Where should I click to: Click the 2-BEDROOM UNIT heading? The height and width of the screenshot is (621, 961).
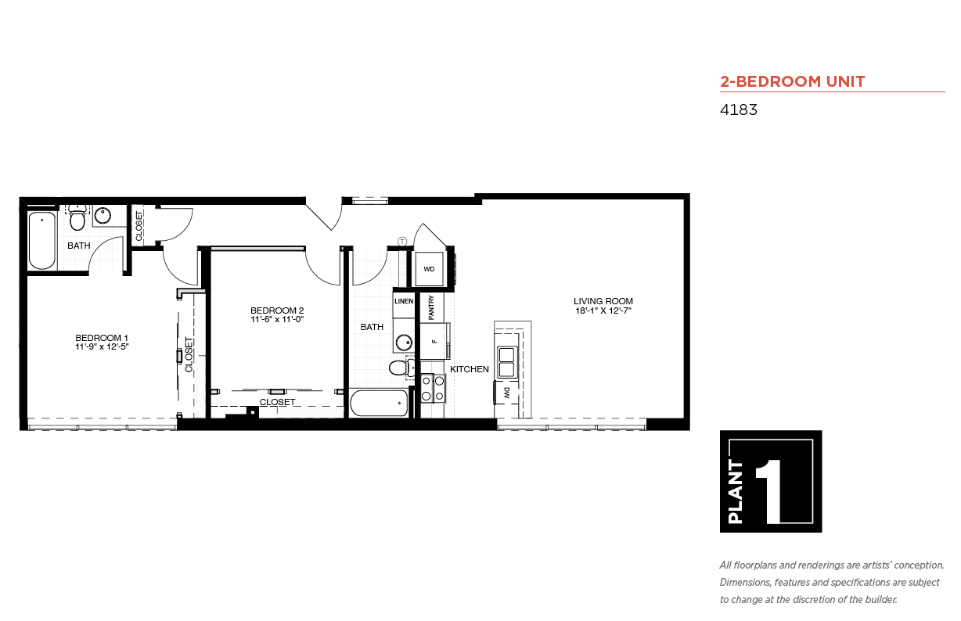pos(792,81)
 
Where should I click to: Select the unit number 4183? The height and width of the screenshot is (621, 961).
pos(738,109)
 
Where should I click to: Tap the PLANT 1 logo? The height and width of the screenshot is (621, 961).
pos(771,481)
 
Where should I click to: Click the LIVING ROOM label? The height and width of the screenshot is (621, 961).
pos(603,301)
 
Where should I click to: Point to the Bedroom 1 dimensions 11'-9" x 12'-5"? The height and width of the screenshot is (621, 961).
pos(102,347)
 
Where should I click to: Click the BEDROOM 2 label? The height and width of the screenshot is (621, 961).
pos(277,310)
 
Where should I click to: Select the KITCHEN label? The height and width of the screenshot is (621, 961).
pos(470,369)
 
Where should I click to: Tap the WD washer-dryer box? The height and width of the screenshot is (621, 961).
pos(429,269)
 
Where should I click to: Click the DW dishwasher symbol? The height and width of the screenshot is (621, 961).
pos(506,393)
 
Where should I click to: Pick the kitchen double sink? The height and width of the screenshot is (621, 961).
pos(507,362)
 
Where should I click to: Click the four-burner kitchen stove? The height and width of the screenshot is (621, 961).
pos(433,388)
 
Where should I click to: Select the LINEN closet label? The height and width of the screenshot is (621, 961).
pos(404,301)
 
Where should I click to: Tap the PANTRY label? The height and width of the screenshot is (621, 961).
pos(431,307)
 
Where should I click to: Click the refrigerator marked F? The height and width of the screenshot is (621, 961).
pos(434,341)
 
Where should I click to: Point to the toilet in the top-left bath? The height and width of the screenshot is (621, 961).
pos(77,218)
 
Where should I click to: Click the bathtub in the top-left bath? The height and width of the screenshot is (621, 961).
pos(42,241)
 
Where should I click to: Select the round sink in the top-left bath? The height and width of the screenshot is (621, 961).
pos(103,215)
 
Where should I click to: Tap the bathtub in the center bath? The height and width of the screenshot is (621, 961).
pos(379,403)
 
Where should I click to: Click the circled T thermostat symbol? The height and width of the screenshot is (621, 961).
pos(402,242)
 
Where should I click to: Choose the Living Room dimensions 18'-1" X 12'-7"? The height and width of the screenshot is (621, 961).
pos(603,311)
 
